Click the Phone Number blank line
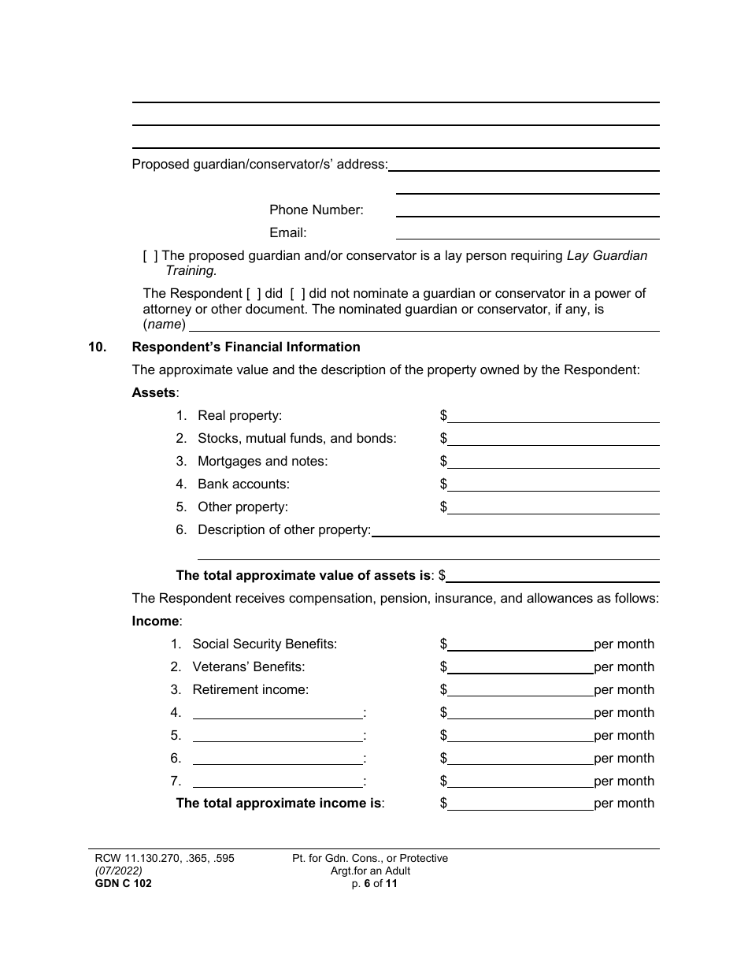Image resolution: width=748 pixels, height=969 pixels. coord(528,211)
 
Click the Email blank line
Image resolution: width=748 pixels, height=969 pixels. coord(528,234)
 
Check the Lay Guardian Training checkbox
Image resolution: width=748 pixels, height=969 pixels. coord(150,256)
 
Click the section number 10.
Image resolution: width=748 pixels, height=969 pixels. coord(97,347)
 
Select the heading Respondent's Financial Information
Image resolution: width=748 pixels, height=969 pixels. coord(246,347)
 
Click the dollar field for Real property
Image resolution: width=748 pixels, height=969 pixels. coord(553,417)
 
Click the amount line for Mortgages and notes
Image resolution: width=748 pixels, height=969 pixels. coord(553,462)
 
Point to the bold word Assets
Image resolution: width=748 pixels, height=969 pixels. coord(154,393)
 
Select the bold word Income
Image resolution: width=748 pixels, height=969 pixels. coord(155,622)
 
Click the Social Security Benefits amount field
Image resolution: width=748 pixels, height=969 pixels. coord(520,645)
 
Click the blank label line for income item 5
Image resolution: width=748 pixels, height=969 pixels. coord(277,737)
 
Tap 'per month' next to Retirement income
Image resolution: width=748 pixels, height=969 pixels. coord(624,690)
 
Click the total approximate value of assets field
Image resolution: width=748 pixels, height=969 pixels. coord(553,577)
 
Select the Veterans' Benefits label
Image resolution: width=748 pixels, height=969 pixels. coord(248,667)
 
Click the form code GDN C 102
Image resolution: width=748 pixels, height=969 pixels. coord(120,884)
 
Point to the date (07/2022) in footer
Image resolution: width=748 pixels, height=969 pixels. coord(112,871)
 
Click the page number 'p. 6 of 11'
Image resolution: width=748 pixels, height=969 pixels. coord(369,884)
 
